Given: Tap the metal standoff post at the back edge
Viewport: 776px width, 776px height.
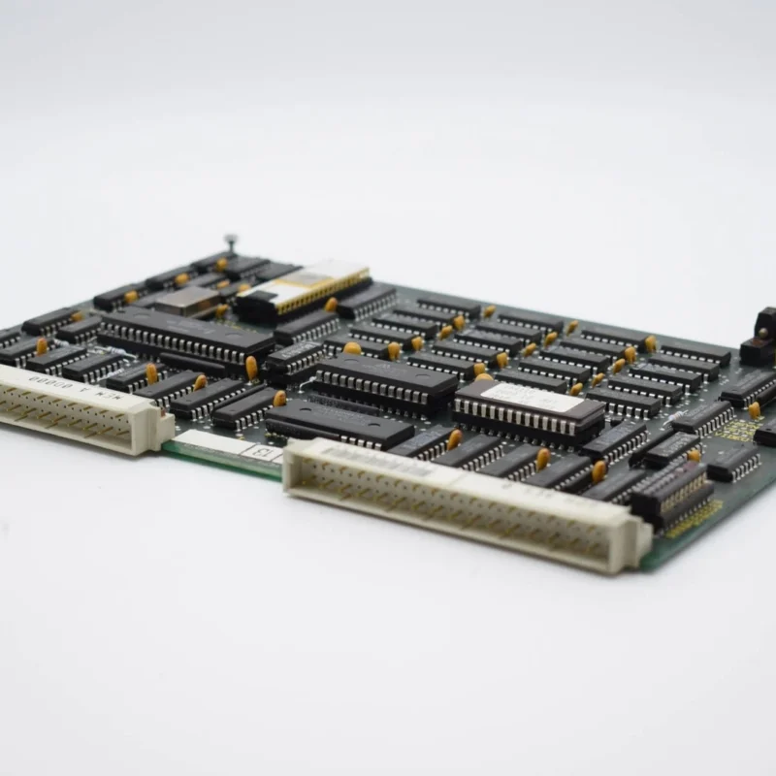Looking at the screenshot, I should tap(230, 243).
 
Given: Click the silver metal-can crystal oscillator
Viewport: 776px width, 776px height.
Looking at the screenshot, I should tap(186, 301).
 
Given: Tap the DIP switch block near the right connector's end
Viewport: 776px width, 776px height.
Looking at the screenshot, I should tap(673, 495).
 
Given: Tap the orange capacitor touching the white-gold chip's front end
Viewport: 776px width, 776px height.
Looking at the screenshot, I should tap(331, 305).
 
